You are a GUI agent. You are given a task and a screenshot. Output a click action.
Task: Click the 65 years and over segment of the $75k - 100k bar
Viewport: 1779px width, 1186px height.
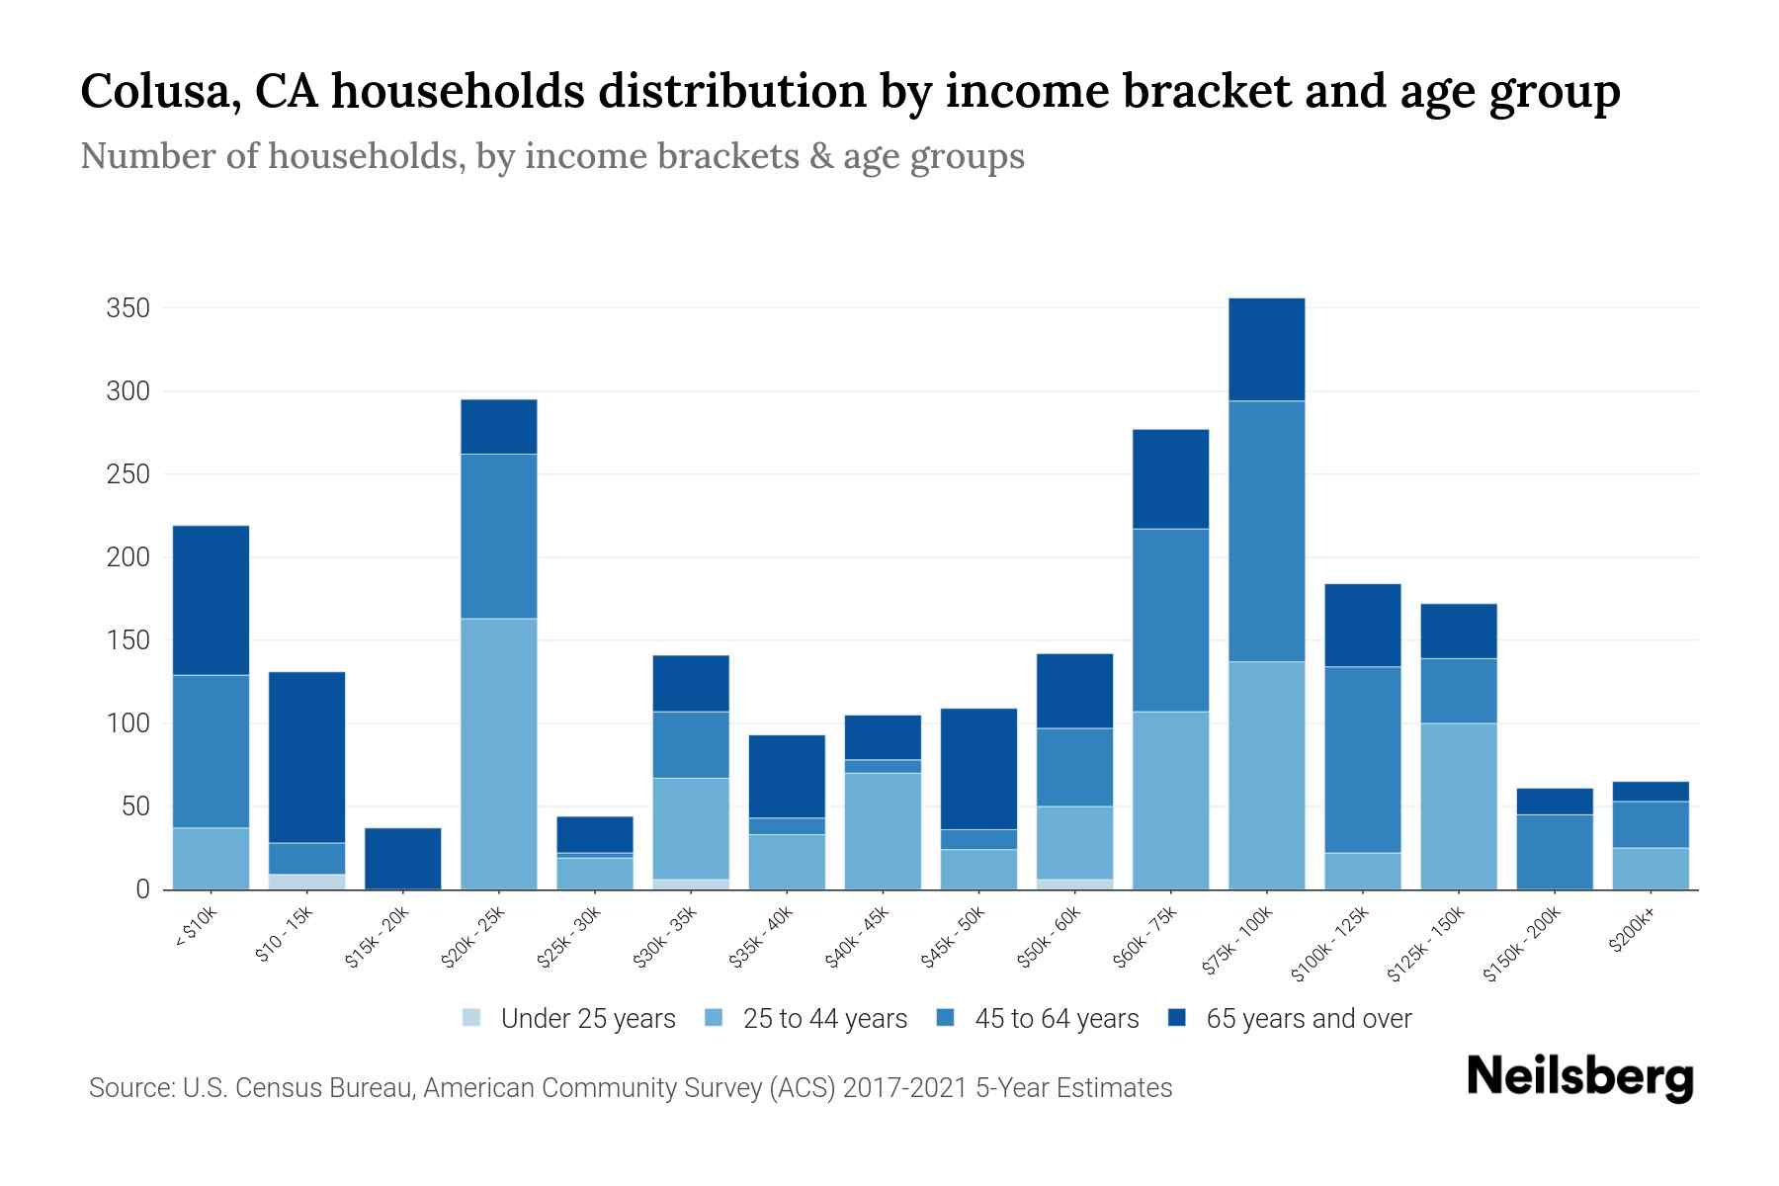click(x=1266, y=349)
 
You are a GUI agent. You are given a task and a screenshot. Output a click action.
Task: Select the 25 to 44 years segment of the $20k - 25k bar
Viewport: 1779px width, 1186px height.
click(x=499, y=753)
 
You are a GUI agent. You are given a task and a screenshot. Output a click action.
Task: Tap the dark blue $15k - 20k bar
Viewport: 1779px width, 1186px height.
click(x=403, y=858)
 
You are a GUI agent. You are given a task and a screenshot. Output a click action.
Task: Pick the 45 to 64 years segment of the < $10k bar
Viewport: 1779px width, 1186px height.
click(x=211, y=751)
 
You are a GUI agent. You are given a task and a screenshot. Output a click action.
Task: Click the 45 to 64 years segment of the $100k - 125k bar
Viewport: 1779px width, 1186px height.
click(x=1362, y=759)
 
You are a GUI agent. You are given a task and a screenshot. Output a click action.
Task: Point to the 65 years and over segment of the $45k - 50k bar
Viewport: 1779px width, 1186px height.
click(x=979, y=768)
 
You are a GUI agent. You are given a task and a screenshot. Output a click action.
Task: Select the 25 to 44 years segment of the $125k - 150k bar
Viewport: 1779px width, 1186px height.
click(x=1458, y=805)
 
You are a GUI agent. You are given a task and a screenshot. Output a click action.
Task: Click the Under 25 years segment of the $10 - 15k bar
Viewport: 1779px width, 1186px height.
click(x=306, y=882)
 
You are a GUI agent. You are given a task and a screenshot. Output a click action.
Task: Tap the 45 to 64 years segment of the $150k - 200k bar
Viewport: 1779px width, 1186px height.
click(x=1554, y=851)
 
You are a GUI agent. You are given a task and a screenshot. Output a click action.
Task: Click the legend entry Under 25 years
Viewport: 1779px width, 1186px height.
click(x=587, y=1019)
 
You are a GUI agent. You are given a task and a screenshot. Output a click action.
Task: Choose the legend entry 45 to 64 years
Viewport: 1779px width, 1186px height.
click(x=1056, y=1019)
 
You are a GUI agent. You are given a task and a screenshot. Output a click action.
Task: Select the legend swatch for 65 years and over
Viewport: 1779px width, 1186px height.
click(x=1177, y=1018)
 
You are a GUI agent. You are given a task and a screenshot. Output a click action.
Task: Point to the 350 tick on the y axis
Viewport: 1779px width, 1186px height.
click(x=128, y=308)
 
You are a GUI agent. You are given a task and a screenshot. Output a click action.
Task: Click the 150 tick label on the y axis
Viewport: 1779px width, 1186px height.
click(x=128, y=640)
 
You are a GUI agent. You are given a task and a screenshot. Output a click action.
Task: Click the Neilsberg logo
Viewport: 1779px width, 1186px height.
click(x=1579, y=1077)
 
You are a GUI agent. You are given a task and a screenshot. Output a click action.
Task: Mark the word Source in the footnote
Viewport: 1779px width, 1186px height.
click(x=127, y=1088)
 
